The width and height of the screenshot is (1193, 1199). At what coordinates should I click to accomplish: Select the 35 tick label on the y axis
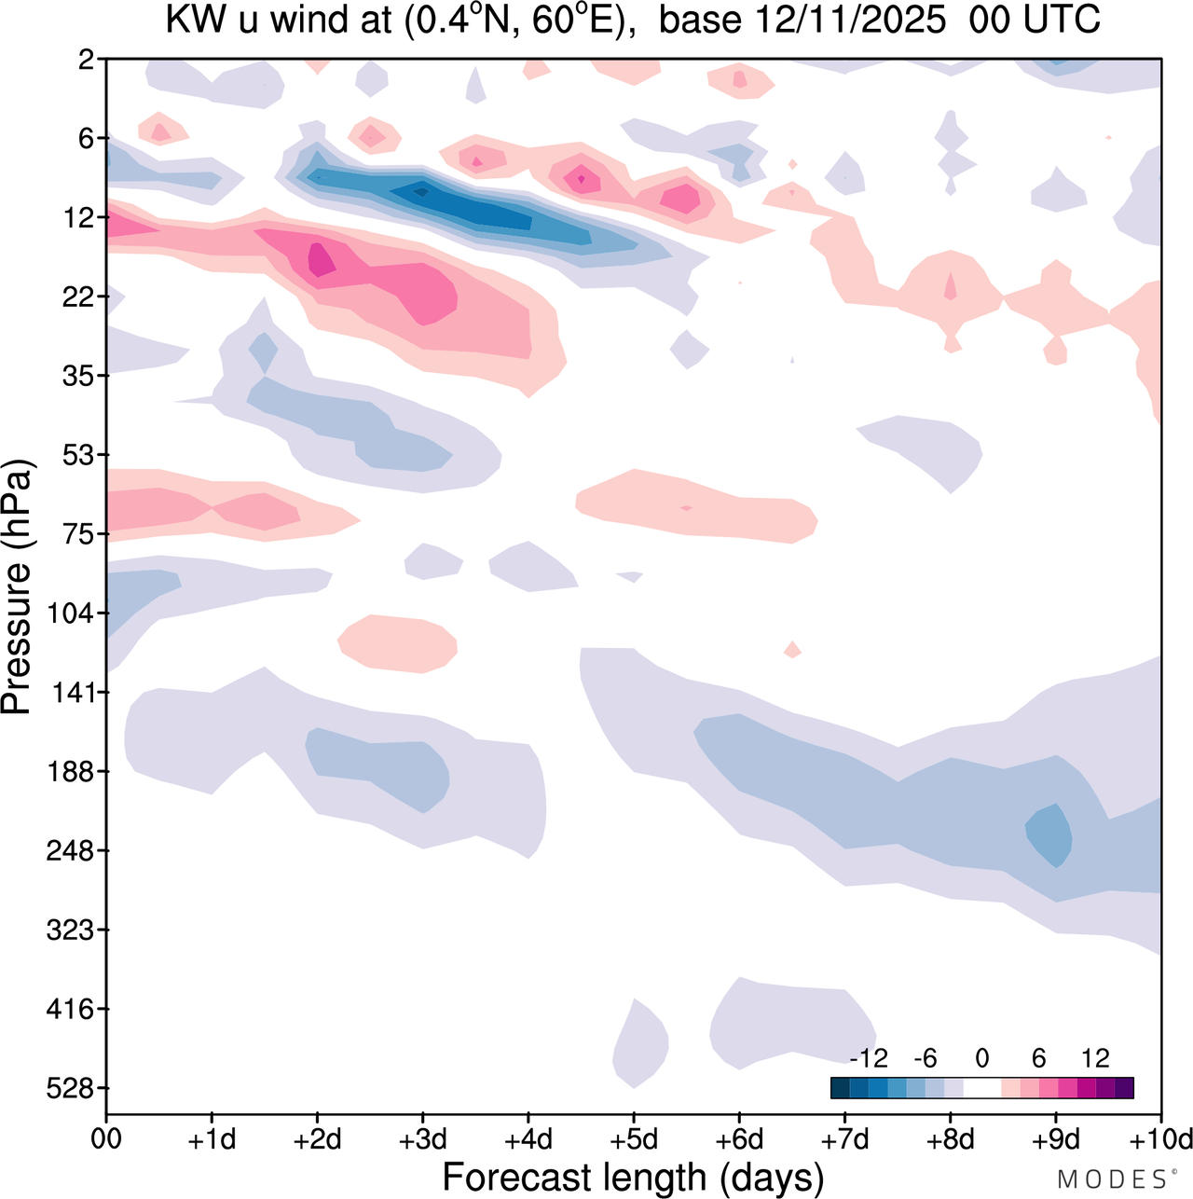pos(80,376)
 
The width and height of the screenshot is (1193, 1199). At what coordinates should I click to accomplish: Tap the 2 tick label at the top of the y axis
pos(87,60)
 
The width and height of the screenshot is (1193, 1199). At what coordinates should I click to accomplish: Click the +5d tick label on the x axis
pos(633,1139)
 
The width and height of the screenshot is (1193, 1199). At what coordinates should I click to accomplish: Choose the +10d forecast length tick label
pos(1159,1139)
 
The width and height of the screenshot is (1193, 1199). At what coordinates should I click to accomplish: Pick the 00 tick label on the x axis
pos(106,1139)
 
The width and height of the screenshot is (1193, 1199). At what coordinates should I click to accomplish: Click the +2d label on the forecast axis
pos(317,1139)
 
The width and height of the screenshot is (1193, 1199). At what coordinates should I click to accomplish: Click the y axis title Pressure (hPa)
pos(17,587)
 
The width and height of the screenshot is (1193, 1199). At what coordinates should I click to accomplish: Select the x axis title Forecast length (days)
pos(633,1178)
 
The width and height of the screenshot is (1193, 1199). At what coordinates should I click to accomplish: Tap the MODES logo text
pos(1113,1179)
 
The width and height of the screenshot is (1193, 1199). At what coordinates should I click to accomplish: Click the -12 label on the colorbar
pos(869,1058)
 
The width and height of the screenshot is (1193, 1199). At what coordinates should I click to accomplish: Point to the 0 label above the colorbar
pos(982,1058)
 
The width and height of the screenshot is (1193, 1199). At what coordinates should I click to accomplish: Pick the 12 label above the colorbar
pos(1095,1058)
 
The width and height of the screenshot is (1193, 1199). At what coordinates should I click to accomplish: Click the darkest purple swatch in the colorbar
pos(1124,1087)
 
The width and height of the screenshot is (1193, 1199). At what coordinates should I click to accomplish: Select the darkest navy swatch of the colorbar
pos(840,1087)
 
